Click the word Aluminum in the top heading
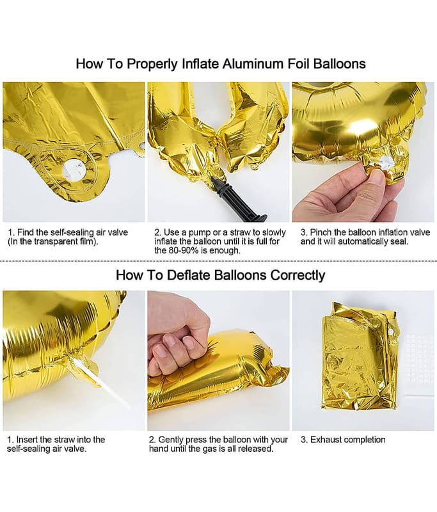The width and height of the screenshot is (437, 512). [x=253, y=63]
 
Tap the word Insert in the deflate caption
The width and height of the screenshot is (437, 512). [x=28, y=439]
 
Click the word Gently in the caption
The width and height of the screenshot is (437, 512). [x=171, y=440]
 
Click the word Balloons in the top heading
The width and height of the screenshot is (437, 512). [x=339, y=63]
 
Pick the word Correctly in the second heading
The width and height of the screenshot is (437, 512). [x=298, y=275]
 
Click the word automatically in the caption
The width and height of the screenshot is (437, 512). [x=362, y=242]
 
